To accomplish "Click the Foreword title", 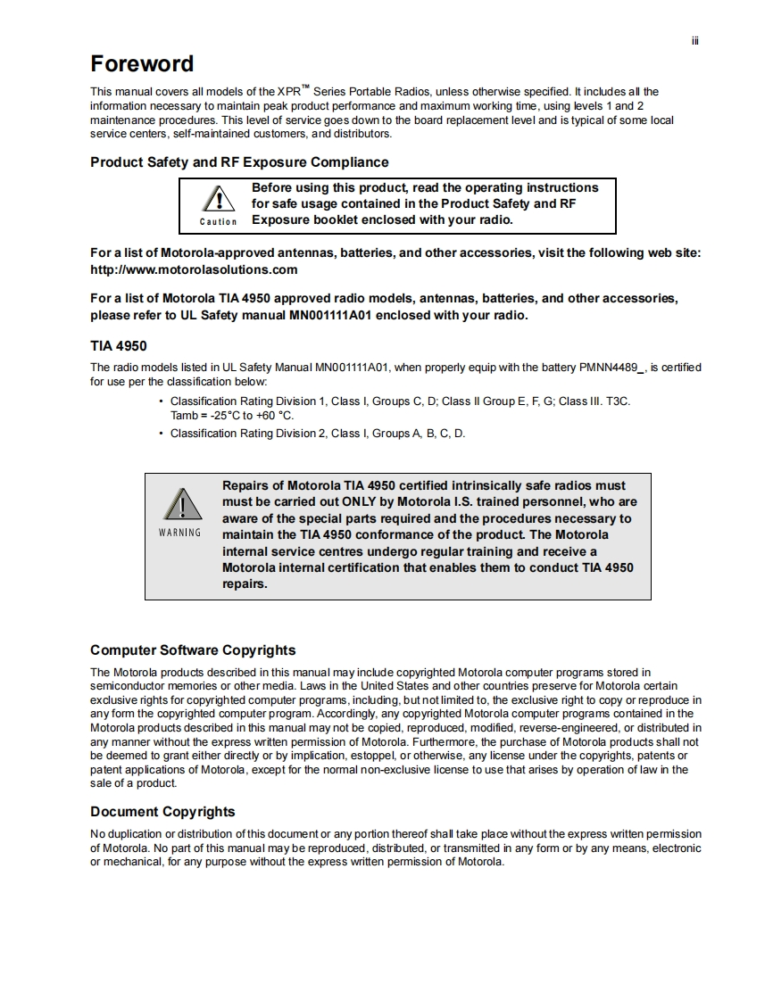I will click(x=142, y=64).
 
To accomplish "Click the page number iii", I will click(x=694, y=41).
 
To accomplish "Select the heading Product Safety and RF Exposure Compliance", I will click(x=239, y=162).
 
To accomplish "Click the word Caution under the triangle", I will click(x=218, y=221).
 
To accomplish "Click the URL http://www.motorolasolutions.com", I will click(x=194, y=269).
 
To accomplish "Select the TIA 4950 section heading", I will click(x=119, y=346).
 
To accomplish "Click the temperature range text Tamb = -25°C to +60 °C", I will click(x=232, y=416).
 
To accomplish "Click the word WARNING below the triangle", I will click(x=180, y=533).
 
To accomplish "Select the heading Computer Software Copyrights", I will click(x=193, y=650).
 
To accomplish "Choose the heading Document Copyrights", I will click(x=162, y=812).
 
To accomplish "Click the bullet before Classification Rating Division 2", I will click(x=161, y=434).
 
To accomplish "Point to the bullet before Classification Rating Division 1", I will click(x=161, y=401).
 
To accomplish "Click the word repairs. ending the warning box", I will click(x=245, y=584).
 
